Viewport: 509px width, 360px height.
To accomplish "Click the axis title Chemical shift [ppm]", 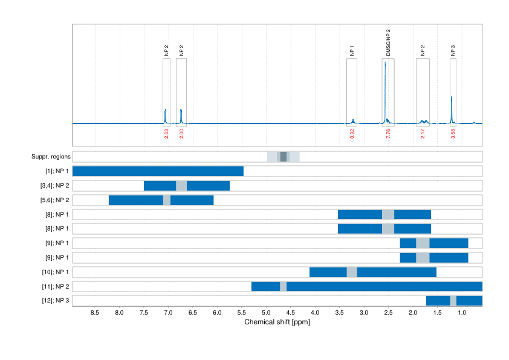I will pyautogui.click(x=277, y=322).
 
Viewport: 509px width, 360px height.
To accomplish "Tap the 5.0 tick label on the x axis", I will pyautogui.click(x=266, y=313).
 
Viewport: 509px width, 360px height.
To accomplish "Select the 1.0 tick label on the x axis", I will pyautogui.click(x=462, y=313).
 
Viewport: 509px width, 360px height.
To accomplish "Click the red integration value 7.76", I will pyautogui.click(x=388, y=134).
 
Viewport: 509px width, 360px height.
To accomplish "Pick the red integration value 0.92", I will pyautogui.click(x=352, y=134).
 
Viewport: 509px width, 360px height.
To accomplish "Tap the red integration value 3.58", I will pyautogui.click(x=453, y=134).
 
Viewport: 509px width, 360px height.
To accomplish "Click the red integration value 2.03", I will pyautogui.click(x=166, y=134).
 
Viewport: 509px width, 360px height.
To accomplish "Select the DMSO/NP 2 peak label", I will pyautogui.click(x=388, y=42).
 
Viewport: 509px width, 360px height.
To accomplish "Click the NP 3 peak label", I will pyautogui.click(x=453, y=51).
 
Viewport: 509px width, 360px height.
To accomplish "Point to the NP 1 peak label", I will pyautogui.click(x=352, y=51).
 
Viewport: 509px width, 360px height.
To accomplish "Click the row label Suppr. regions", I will pyautogui.click(x=51, y=157).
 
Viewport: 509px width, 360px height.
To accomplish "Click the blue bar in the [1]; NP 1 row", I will pyautogui.click(x=158, y=171).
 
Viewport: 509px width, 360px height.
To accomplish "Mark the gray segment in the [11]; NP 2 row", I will pyautogui.click(x=283, y=286).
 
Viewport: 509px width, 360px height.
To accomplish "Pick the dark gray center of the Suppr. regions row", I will pyautogui.click(x=284, y=157).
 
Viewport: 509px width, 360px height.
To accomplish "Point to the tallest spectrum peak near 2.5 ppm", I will pyautogui.click(x=384, y=64).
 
